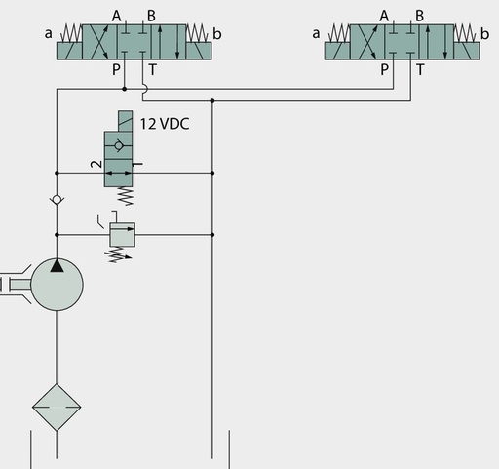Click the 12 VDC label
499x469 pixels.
click(x=165, y=124)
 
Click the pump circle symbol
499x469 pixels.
click(x=57, y=285)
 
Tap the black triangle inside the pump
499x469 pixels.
click(x=57, y=265)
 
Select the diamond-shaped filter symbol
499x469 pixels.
click(x=57, y=407)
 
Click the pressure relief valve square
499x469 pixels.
click(x=123, y=235)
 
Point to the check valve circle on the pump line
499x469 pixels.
click(x=57, y=200)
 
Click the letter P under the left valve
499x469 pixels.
click(x=116, y=69)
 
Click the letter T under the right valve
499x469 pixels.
click(x=420, y=69)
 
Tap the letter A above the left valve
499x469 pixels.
click(x=116, y=16)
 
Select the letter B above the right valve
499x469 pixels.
click(x=420, y=16)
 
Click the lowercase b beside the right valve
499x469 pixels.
click(x=484, y=34)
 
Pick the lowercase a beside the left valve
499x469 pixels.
click(x=48, y=34)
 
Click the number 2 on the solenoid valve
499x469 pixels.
click(x=96, y=164)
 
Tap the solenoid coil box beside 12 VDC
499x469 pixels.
click(x=125, y=121)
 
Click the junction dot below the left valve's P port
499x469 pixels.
click(x=124, y=89)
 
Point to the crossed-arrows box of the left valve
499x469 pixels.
click(x=99, y=42)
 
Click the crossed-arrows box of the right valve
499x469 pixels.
click(x=367, y=42)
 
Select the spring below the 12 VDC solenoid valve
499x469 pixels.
click(x=127, y=196)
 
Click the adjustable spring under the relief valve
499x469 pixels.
click(x=119, y=254)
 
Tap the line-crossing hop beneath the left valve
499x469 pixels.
click(x=145, y=89)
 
